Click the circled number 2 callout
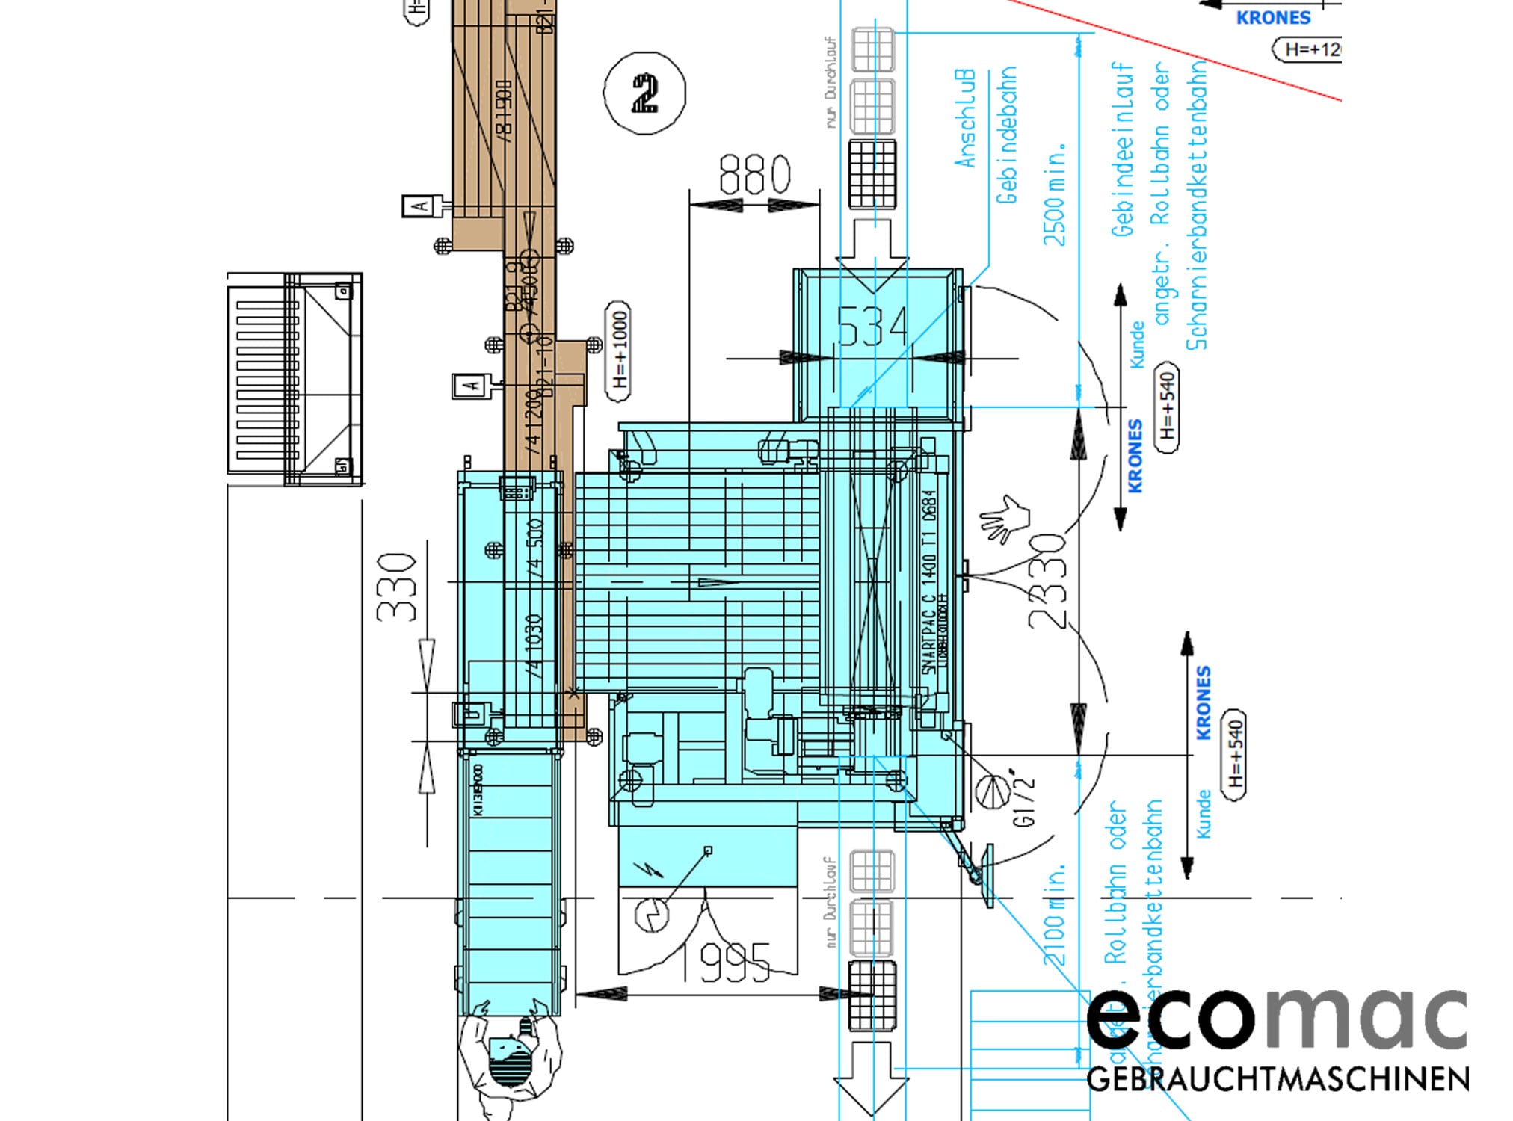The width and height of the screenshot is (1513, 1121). [644, 93]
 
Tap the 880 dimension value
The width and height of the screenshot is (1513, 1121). [754, 175]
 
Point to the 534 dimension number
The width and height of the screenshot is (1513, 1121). [872, 327]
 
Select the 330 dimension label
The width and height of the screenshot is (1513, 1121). [396, 587]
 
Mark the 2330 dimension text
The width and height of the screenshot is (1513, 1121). [1047, 581]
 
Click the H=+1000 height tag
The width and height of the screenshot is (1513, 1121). [618, 350]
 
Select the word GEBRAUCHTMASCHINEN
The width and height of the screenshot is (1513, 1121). [1277, 1079]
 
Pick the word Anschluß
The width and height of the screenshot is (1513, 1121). [965, 119]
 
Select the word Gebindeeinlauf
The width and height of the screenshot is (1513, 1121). [1122, 149]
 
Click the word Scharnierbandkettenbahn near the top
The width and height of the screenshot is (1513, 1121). [1197, 206]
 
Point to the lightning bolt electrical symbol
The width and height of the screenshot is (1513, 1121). [644, 869]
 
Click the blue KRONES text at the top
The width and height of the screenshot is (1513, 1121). [1273, 18]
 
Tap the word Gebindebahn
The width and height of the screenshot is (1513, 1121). [1006, 135]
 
